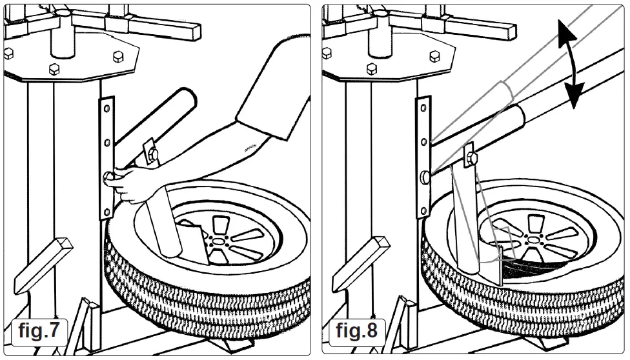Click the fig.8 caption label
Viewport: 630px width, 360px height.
356,331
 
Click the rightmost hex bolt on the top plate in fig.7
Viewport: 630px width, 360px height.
117,57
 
